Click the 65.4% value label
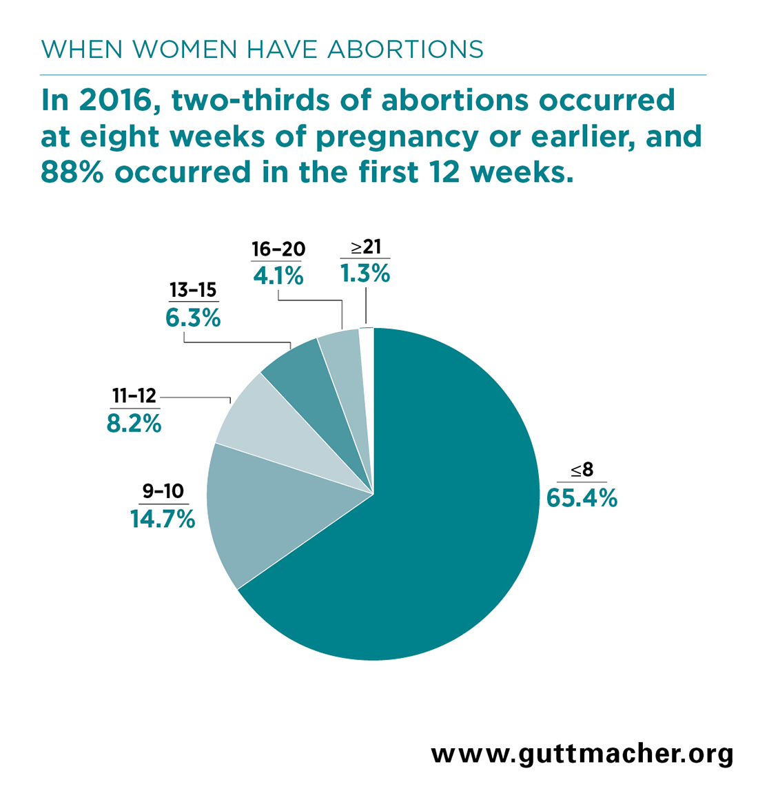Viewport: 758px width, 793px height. tap(582, 497)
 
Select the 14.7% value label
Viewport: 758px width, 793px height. tap(163, 519)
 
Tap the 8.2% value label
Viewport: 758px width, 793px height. tap(134, 423)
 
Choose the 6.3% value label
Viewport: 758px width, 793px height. tap(193, 318)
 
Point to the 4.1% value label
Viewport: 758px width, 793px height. tap(278, 276)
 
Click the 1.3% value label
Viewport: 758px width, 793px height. tap(365, 274)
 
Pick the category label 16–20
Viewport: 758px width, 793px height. tap(278, 249)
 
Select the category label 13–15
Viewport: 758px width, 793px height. tap(193, 291)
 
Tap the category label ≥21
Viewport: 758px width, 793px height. tap(366, 247)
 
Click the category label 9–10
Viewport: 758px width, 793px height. tap(163, 491)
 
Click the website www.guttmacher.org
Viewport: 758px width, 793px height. tap(582, 753)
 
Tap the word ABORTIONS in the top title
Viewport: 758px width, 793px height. tap(404, 50)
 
